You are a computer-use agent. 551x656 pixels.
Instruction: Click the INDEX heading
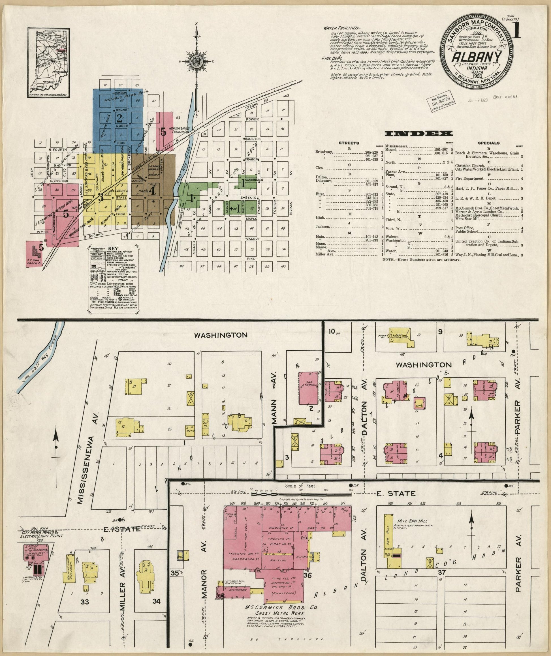418,134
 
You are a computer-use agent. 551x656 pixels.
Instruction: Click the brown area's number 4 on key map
152,190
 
